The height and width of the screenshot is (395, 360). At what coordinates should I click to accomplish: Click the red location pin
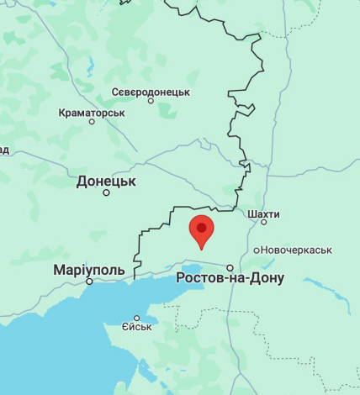point(201,230)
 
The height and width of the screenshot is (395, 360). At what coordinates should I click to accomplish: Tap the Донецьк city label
point(106,181)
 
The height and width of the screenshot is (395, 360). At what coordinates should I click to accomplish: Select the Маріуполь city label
point(88,270)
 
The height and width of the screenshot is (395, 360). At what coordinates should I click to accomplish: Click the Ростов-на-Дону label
point(230,278)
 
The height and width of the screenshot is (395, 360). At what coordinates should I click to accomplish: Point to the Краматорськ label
point(92,112)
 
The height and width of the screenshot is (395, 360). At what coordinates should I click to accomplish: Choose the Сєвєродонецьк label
point(151,92)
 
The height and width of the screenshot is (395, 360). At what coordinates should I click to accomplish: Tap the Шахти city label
point(263,213)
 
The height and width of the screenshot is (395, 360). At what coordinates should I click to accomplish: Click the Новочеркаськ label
point(296,250)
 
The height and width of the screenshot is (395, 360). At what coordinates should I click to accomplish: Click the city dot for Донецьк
point(106,192)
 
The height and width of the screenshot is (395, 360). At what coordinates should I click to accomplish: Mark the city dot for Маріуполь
point(90,282)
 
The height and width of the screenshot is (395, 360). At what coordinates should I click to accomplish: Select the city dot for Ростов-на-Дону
point(230,267)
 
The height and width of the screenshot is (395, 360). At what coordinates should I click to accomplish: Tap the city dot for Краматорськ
point(92,122)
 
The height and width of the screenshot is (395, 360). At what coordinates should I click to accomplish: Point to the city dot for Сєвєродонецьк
point(151,101)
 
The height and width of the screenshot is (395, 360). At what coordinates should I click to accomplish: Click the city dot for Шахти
point(263,222)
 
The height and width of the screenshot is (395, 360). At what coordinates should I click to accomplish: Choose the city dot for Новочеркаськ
point(256,250)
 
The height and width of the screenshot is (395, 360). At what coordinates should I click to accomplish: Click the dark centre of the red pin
point(201,227)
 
